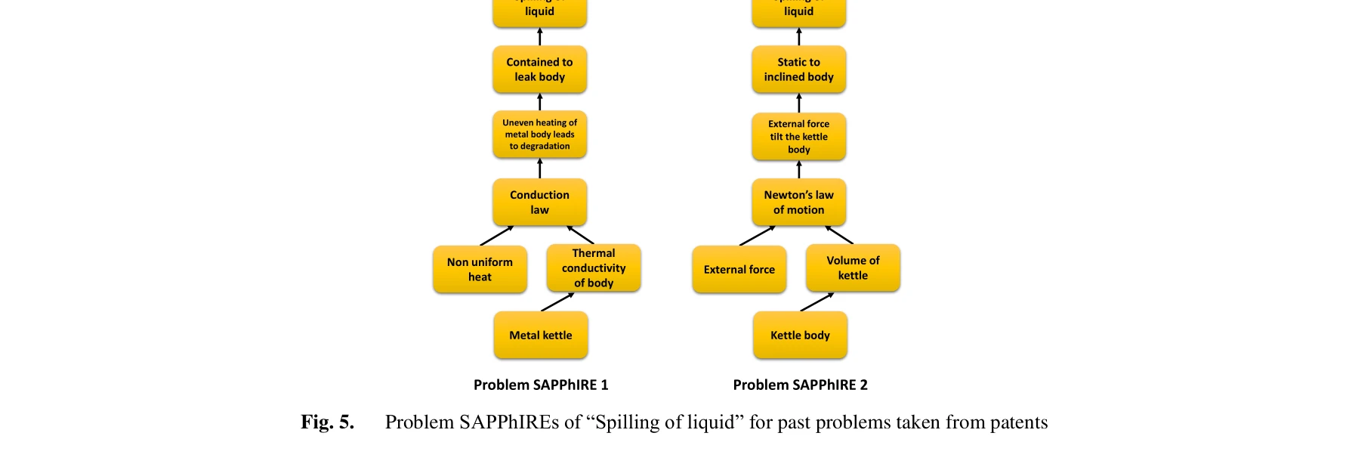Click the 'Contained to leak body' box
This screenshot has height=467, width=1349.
(539, 70)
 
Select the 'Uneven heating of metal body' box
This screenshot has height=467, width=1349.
(539, 135)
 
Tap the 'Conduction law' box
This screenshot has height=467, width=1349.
(539, 202)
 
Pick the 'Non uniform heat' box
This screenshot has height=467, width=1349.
(480, 269)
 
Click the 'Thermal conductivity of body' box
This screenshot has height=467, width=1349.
(594, 268)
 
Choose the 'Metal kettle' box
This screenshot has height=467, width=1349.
(541, 335)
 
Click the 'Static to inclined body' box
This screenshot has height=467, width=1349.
(798, 70)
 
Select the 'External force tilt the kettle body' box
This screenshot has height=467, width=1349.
(798, 136)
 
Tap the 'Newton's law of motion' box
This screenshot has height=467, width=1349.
(798, 202)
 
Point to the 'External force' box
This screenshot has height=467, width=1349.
(739, 269)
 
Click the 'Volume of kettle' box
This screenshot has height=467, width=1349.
(853, 268)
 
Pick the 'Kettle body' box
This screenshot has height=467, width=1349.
(800, 335)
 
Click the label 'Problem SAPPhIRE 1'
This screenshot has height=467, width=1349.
(541, 385)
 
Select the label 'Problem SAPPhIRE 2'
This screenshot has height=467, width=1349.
(800, 385)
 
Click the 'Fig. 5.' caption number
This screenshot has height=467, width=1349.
(327, 422)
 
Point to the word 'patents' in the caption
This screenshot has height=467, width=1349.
(1019, 422)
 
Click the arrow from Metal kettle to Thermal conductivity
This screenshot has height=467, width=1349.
(557, 302)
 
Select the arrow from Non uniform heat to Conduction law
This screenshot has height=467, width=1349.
(496, 236)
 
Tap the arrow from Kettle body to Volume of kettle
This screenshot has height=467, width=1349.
(816, 302)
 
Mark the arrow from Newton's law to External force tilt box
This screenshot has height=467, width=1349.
(798, 169)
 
